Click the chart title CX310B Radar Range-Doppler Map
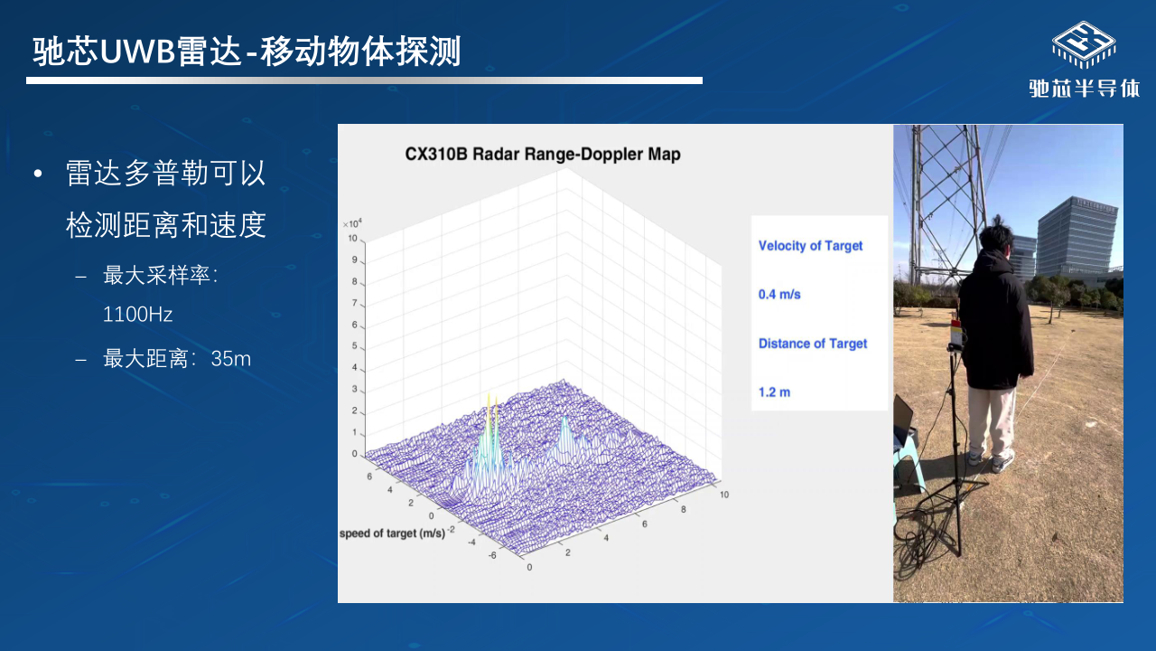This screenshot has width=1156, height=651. pos(543,154)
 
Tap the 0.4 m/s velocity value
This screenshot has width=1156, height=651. pos(779,295)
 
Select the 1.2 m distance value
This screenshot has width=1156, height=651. pos(774,392)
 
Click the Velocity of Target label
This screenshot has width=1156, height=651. pos(810,246)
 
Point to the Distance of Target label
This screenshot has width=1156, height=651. pos(813,344)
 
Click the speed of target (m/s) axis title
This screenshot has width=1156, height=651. pos(392,533)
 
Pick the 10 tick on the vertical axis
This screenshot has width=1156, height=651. pos(352,238)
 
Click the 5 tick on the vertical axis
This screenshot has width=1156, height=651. pos(355,345)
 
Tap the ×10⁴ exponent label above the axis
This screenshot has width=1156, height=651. pos(352,223)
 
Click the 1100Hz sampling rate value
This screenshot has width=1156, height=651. pos(137,314)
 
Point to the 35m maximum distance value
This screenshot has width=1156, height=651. pos(230,359)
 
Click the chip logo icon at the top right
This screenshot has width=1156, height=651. pos(1084,45)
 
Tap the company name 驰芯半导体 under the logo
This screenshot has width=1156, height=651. pos(1085,89)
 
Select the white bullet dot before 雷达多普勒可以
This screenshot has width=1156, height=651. pos(38,175)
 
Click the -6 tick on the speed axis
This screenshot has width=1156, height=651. pos(492,555)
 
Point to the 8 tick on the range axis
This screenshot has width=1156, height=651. pos(684,509)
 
